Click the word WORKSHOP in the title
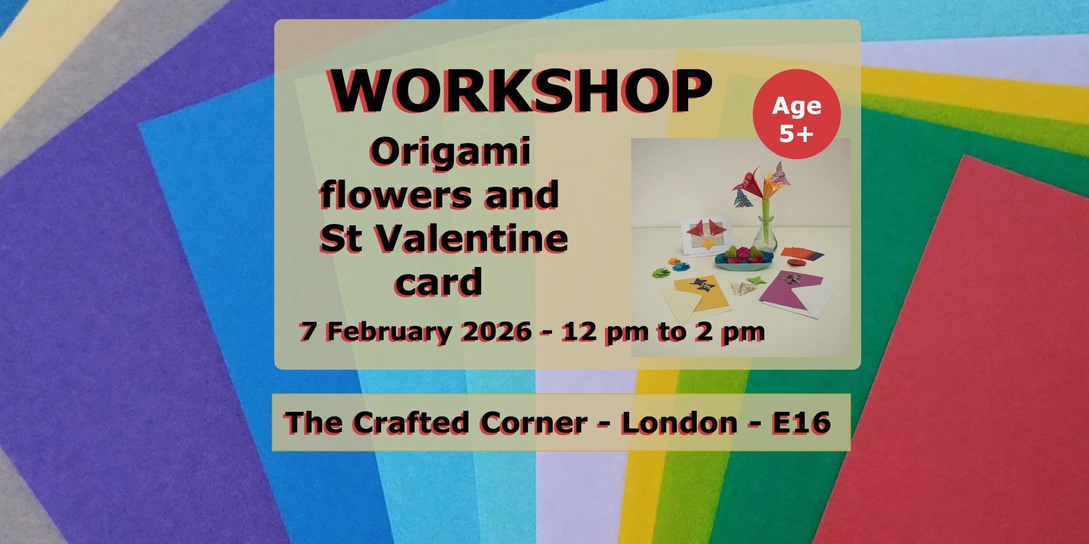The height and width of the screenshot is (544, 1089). [x=521, y=91]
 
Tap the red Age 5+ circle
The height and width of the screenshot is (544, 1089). [x=797, y=114]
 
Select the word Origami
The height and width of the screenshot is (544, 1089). [x=450, y=152]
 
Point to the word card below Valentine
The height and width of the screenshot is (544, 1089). [x=438, y=283]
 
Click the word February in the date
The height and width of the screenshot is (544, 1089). [x=389, y=332]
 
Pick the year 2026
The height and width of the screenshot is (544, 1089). [x=496, y=331]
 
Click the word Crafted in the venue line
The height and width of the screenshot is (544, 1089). [x=410, y=422]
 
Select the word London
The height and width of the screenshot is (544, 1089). [x=679, y=422]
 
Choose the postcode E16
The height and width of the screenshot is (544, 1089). [x=801, y=422]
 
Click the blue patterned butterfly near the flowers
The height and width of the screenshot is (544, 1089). [x=742, y=196]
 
